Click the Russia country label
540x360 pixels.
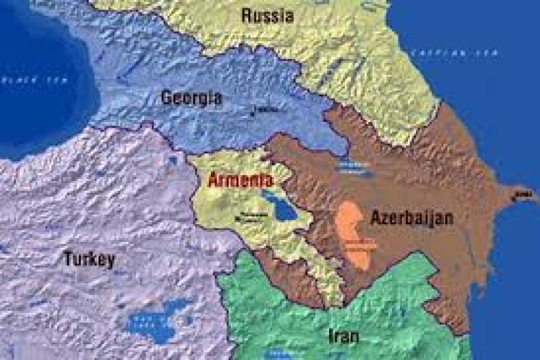pos(267,15)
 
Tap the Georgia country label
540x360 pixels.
pos(191,98)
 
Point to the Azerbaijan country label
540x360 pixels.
pos(412,218)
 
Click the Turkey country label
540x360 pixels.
pos(89,258)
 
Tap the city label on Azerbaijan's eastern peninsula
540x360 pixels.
pos(522,194)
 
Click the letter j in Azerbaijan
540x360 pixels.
pos(435,219)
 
